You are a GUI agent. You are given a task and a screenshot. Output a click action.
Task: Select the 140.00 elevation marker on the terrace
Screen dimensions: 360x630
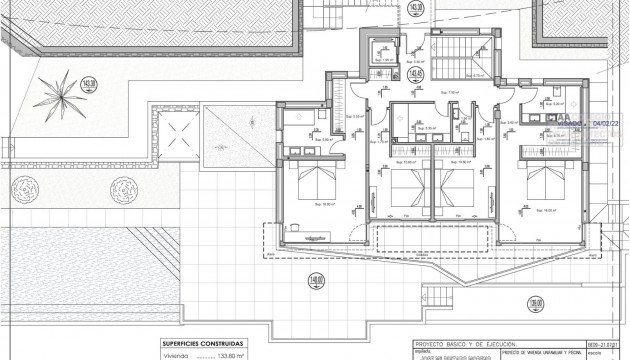[315, 281]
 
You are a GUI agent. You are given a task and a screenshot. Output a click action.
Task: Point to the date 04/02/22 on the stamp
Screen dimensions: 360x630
[607, 125]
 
